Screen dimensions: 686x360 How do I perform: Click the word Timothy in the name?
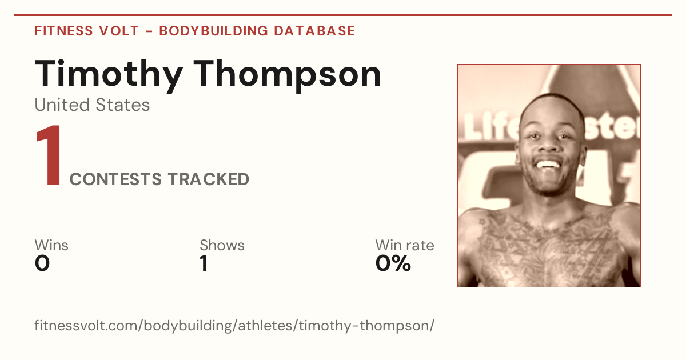[109, 74]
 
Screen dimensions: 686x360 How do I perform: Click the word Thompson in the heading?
[288, 74]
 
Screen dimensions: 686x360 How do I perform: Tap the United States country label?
[92, 105]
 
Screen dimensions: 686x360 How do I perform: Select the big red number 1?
[49, 155]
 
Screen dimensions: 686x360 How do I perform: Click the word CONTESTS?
[115, 179]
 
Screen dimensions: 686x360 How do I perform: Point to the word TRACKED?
[209, 179]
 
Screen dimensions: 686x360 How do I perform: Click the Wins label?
[51, 245]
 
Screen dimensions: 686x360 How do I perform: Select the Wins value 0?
[42, 263]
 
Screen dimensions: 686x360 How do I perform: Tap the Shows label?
[222, 245]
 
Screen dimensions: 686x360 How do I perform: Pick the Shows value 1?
[204, 263]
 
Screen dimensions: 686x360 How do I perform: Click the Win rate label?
[405, 245]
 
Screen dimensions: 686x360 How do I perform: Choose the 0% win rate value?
[393, 263]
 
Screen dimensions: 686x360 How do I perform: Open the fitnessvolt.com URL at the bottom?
[234, 325]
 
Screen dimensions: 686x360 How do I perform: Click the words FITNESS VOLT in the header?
[87, 31]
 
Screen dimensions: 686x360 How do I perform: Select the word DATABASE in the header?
[314, 31]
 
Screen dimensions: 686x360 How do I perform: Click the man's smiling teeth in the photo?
[548, 165]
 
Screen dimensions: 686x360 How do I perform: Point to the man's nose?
[548, 144]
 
